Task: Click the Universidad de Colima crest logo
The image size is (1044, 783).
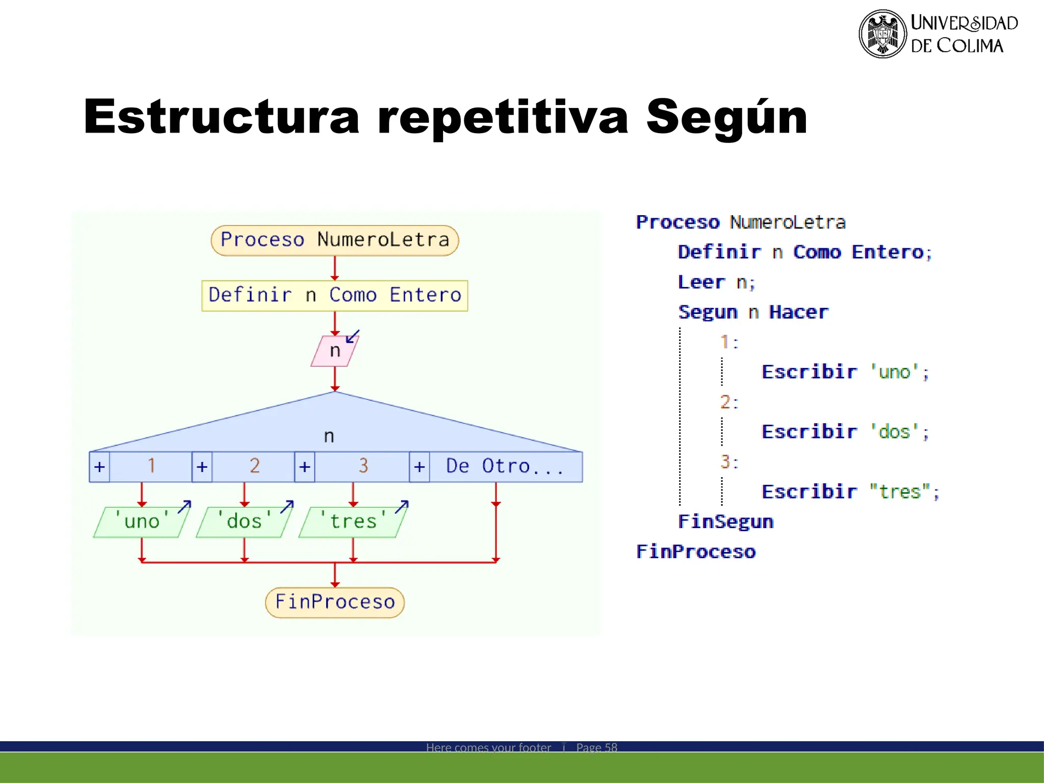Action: coord(882,34)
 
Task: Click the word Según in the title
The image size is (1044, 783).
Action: coord(726,117)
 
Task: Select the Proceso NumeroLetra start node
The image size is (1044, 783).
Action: coord(334,240)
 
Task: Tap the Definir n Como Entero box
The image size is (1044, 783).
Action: coord(334,296)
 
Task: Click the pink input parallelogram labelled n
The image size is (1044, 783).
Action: coord(334,351)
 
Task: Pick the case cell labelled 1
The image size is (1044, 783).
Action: coord(151,466)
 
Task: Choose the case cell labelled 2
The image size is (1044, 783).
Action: coord(254,466)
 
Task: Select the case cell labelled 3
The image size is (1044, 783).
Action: coord(362,466)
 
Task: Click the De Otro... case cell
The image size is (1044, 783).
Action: coord(505,466)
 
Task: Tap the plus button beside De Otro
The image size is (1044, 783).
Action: coord(419,467)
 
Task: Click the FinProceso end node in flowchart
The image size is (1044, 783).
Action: coord(334,602)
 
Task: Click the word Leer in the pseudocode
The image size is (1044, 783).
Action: coord(701,282)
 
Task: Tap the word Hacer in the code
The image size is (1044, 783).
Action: coord(798,312)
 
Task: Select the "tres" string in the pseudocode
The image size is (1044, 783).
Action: coord(900,491)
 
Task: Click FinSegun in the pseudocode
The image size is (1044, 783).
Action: coord(725,521)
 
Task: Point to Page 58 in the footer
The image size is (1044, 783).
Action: coord(596,747)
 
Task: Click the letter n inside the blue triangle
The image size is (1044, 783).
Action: coord(329,436)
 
